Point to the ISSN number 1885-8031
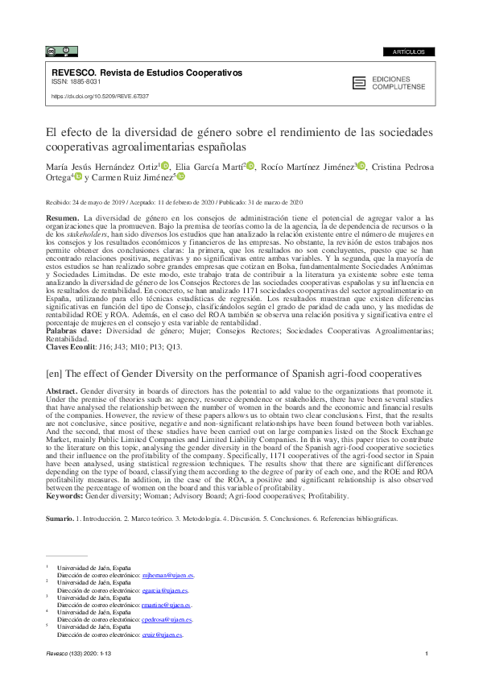[x=80, y=82]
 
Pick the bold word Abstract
[x=64, y=390]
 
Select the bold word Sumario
[x=60, y=519]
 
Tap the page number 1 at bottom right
[x=424, y=662]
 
